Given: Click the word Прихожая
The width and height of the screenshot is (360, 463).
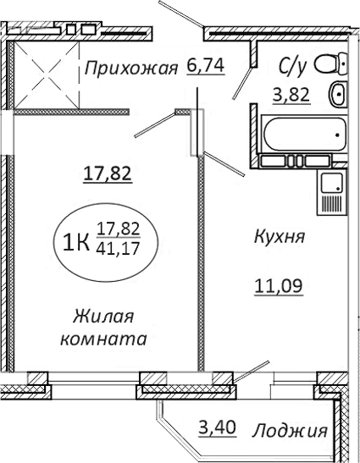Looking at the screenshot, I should [130, 68].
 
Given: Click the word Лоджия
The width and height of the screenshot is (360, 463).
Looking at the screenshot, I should [290, 432].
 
